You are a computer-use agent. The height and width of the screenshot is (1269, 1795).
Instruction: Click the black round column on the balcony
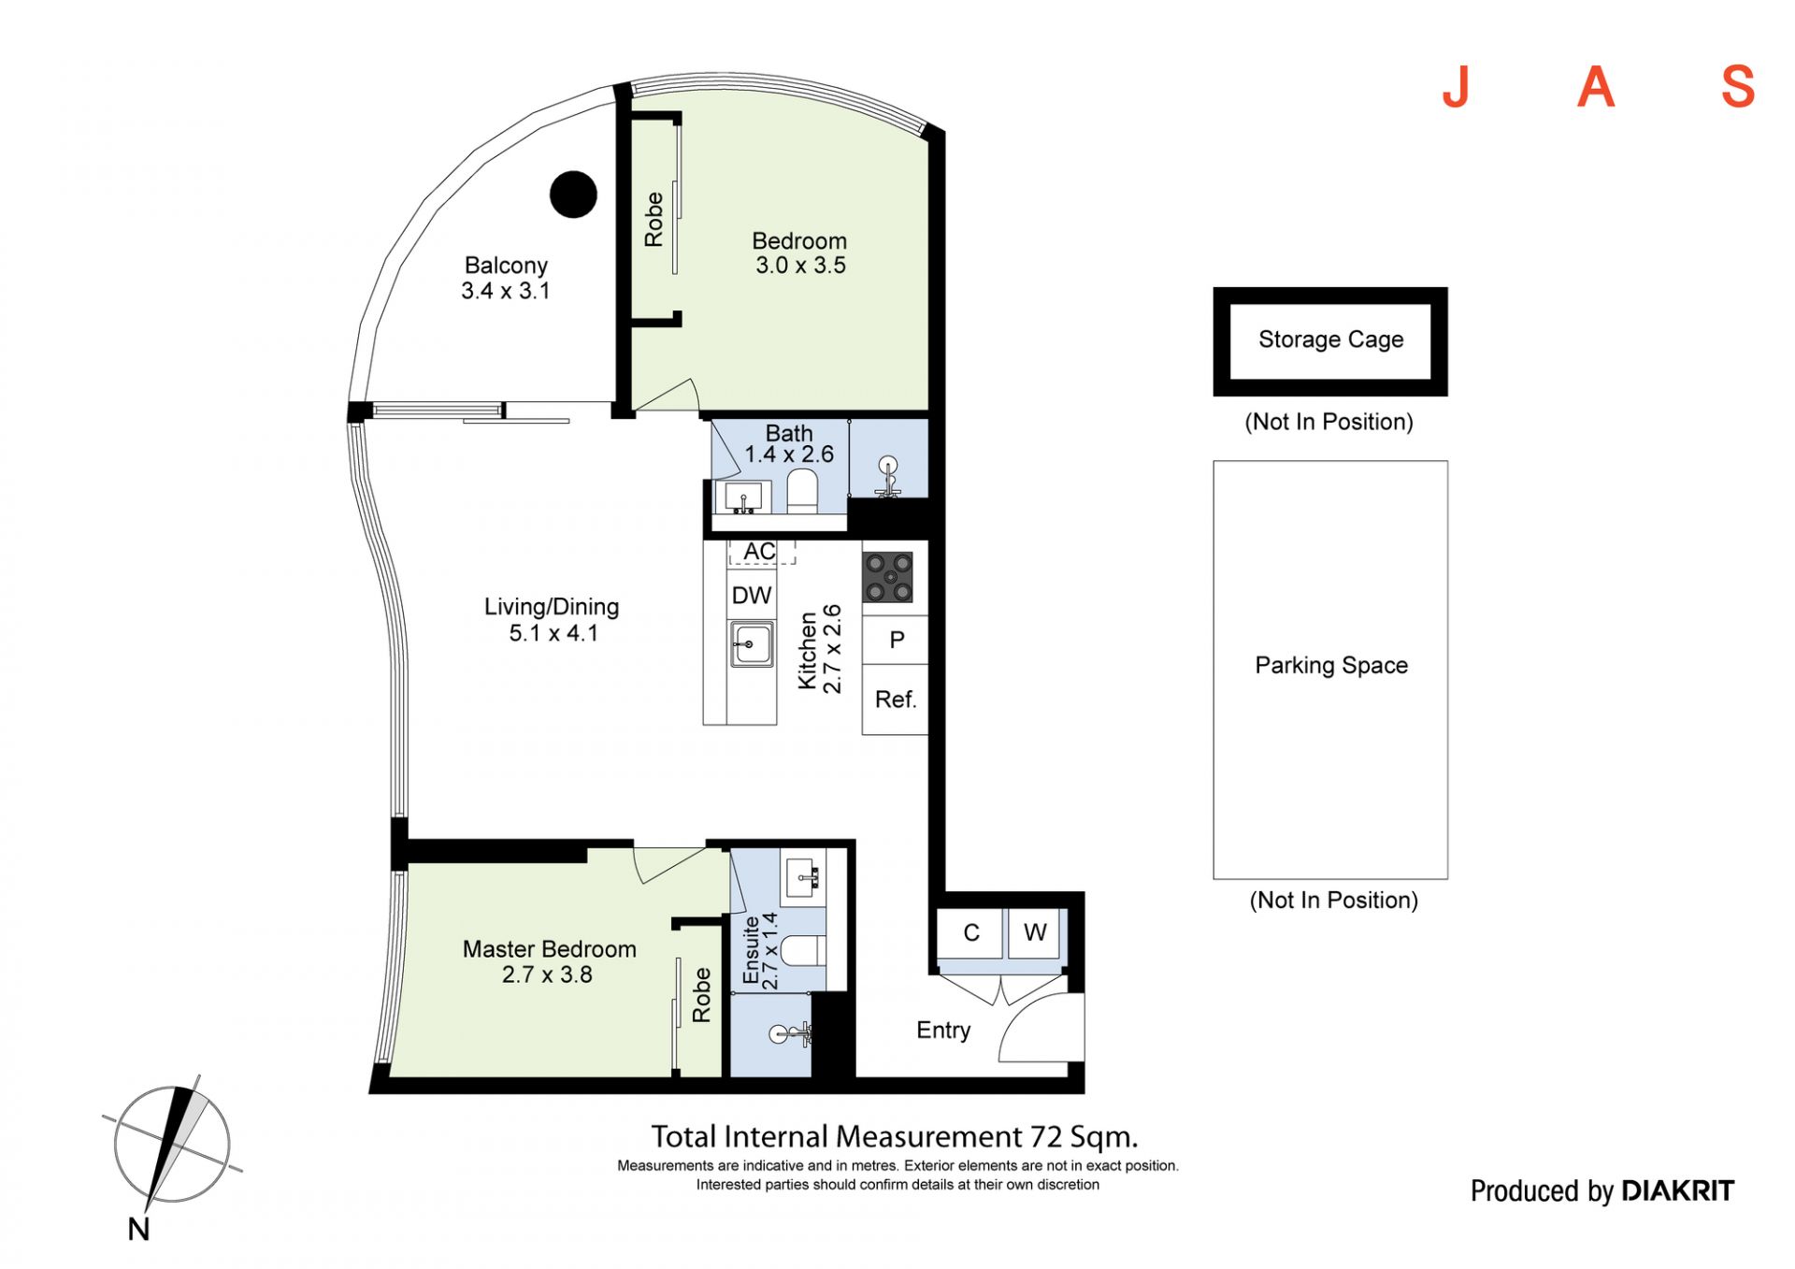click(573, 195)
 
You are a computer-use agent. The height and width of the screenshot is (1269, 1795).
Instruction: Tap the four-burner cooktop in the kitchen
click(887, 577)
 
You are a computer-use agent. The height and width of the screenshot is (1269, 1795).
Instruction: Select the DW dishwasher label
click(752, 596)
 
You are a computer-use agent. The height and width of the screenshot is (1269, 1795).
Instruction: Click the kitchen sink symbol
click(752, 644)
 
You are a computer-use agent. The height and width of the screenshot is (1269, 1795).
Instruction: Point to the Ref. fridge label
click(896, 699)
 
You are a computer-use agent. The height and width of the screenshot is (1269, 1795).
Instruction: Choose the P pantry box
click(896, 640)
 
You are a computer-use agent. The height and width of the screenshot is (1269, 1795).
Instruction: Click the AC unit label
click(759, 552)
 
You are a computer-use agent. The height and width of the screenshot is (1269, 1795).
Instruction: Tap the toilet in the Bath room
click(802, 491)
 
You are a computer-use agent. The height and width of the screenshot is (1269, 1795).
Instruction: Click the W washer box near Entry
click(1034, 932)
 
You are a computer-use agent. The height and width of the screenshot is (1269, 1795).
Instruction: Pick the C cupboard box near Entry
click(971, 932)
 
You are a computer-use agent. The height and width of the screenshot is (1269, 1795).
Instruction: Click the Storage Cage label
click(1330, 339)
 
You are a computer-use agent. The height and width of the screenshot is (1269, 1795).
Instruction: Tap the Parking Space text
click(1331, 665)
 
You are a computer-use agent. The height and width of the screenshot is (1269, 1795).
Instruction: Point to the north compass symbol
click(172, 1143)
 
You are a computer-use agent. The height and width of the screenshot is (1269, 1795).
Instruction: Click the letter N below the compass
click(138, 1229)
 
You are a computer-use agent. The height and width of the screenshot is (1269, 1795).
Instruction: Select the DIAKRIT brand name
click(1677, 1190)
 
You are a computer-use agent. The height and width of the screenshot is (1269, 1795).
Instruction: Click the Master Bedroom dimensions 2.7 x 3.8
click(547, 974)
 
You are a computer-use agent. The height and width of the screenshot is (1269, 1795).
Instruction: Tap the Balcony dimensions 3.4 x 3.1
click(505, 291)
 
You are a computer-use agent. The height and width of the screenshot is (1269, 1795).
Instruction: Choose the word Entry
click(943, 1031)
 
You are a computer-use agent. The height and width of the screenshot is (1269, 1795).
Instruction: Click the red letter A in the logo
click(1596, 87)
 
